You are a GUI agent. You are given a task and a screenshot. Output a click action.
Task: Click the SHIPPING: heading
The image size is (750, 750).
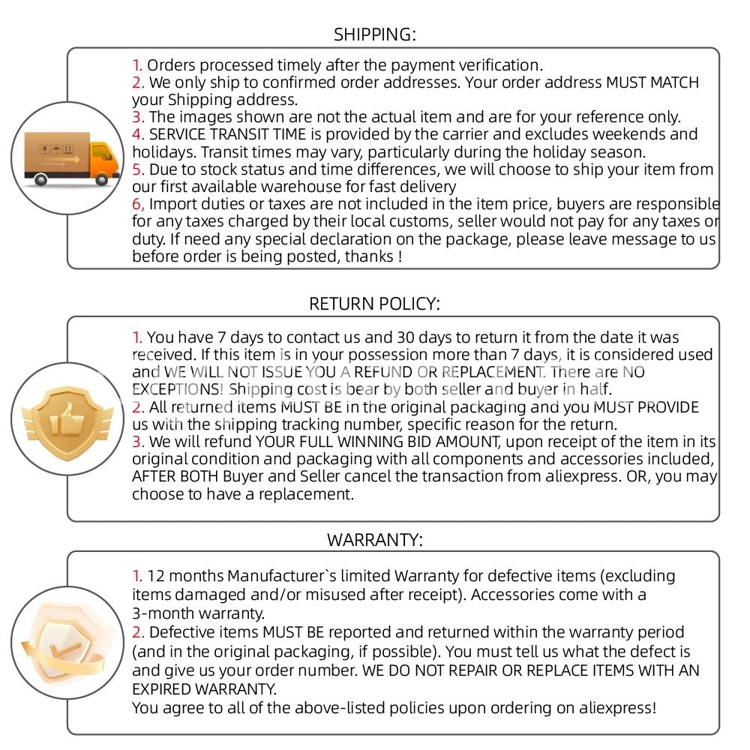click(374, 34)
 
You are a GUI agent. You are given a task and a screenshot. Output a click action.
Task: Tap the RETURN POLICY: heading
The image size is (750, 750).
click(374, 303)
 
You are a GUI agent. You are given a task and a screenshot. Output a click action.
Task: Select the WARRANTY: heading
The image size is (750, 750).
click(374, 539)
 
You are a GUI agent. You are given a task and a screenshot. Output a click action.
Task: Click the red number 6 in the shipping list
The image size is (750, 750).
click(137, 204)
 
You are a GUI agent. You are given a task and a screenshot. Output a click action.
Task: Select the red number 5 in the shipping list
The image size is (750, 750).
click(137, 169)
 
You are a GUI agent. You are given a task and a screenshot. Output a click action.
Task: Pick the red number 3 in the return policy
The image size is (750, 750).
click(137, 442)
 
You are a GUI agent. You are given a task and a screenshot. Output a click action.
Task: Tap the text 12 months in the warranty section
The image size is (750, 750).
click(185, 577)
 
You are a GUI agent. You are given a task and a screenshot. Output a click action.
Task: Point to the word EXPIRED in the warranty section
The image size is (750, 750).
click(163, 688)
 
